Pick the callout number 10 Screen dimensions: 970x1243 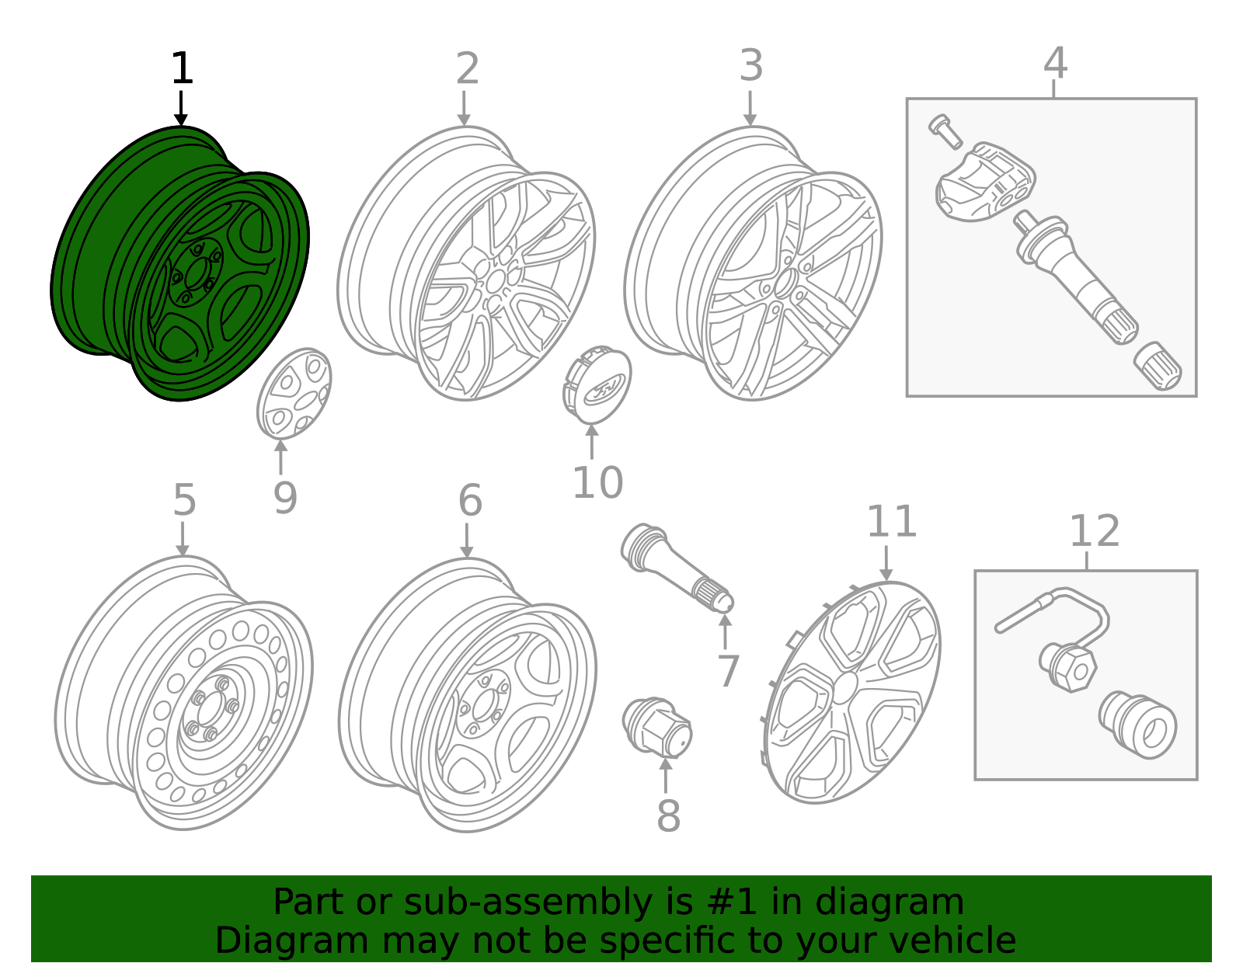click(597, 482)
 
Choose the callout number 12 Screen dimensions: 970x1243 click(1094, 531)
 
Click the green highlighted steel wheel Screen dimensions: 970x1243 click(179, 264)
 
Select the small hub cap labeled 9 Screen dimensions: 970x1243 click(294, 393)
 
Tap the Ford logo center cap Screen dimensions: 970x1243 click(597, 385)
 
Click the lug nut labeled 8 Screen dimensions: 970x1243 click(657, 727)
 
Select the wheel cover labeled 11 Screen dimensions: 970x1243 click(851, 691)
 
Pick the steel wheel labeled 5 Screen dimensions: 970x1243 click(183, 695)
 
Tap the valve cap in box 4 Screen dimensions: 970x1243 click(1158, 368)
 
